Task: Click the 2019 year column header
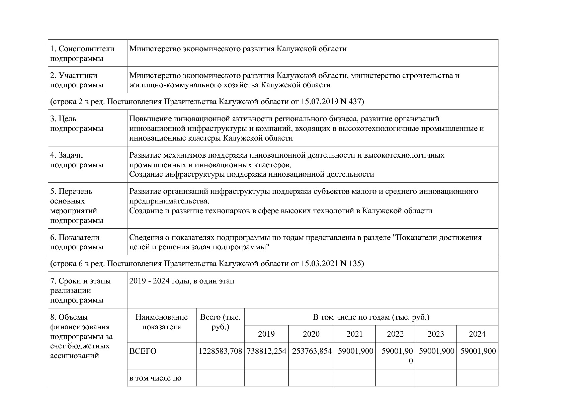click(x=266, y=334)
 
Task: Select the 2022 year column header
click(x=395, y=334)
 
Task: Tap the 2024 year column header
click(x=477, y=334)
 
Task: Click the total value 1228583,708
click(x=220, y=351)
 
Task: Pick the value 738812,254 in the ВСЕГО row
click(x=266, y=351)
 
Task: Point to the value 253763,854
click(x=311, y=351)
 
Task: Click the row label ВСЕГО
click(x=143, y=351)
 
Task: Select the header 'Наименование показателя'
click(x=162, y=322)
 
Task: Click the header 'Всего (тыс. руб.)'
click(x=220, y=322)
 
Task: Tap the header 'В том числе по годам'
click(x=371, y=317)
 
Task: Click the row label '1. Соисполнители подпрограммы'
click(x=82, y=54)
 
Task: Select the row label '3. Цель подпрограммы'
click(x=77, y=123)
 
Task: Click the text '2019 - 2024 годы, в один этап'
click(x=182, y=281)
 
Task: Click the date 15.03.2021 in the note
click(x=319, y=263)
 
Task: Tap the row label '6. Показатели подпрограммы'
click(x=77, y=242)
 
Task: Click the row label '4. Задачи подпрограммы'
click(x=77, y=160)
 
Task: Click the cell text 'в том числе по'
click(x=155, y=378)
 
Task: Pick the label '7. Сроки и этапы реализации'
click(x=80, y=286)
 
